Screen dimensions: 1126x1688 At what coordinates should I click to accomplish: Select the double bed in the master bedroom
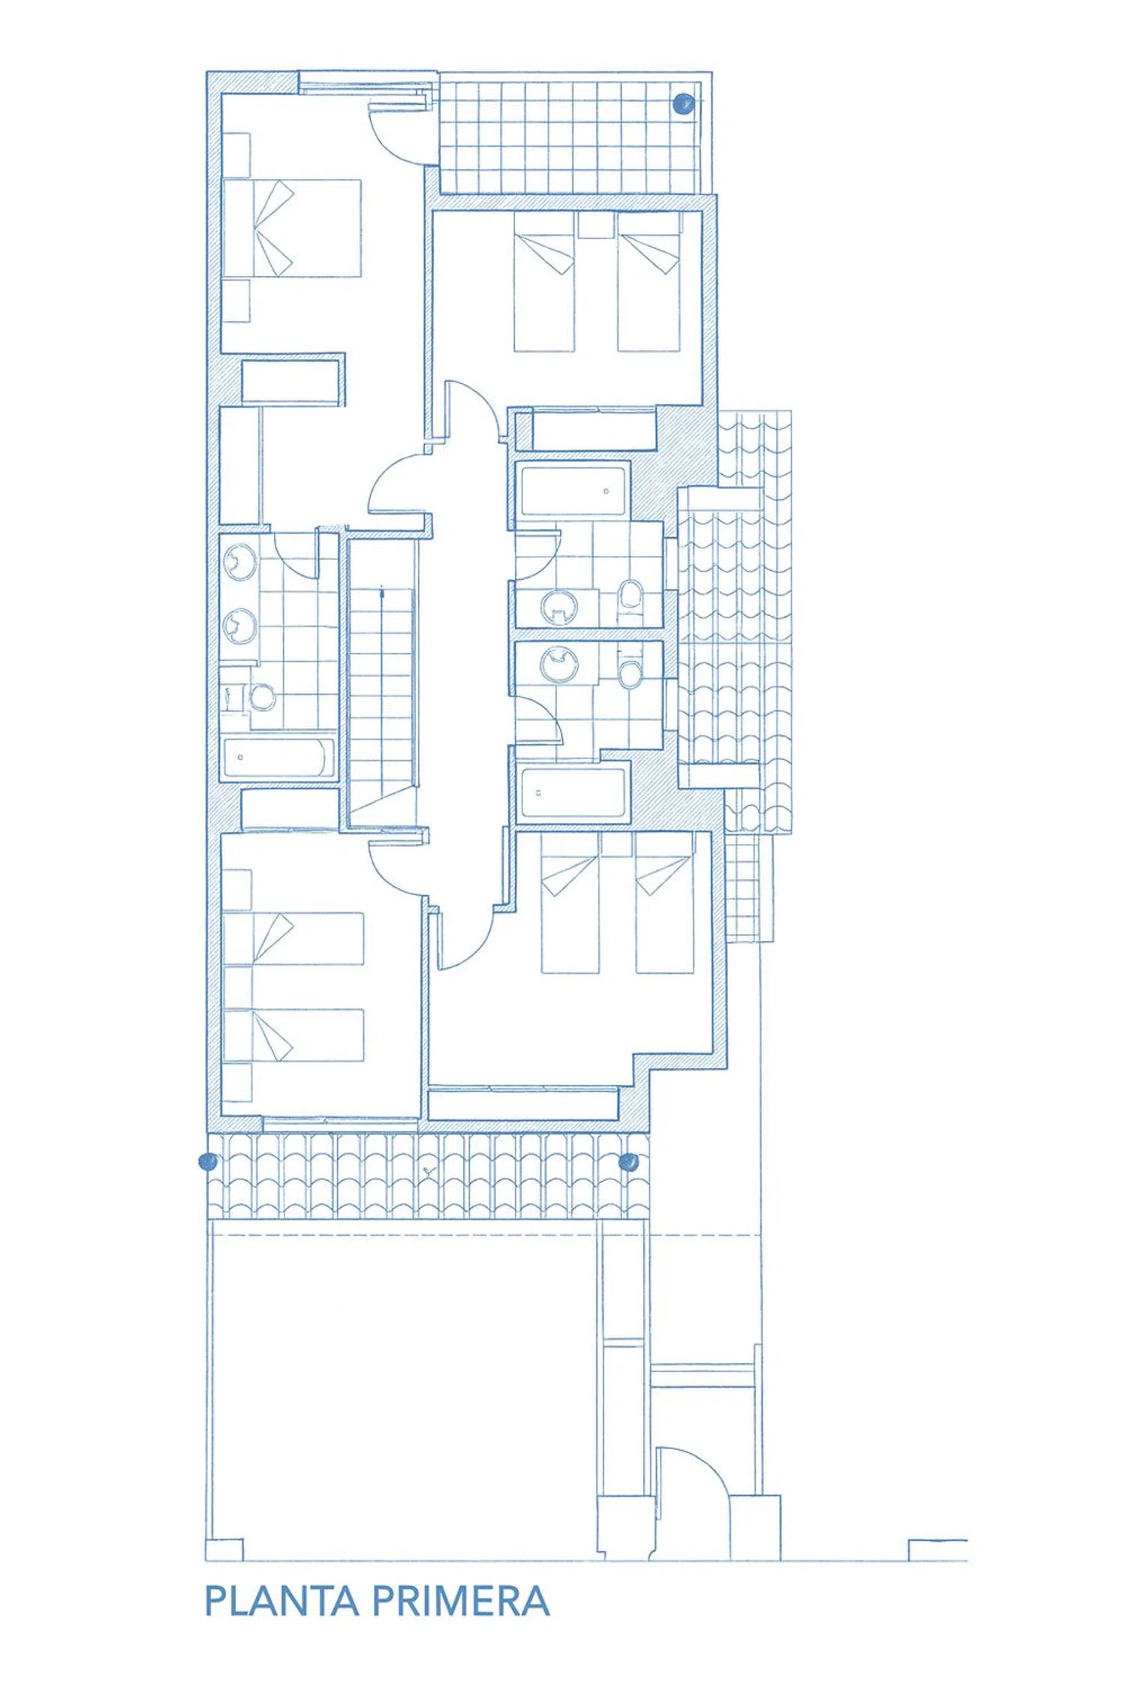pos(292,228)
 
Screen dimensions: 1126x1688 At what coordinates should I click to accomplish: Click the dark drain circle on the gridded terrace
pos(683,104)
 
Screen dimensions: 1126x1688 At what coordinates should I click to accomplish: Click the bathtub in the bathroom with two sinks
pos(278,758)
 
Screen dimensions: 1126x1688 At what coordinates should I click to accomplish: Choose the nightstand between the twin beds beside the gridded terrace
pos(596,224)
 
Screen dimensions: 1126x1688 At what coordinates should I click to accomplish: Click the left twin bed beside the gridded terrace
pos(544,281)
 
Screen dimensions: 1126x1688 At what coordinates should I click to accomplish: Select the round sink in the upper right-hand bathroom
pos(558,608)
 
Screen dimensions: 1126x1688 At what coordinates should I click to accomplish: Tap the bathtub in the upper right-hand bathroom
pos(574,491)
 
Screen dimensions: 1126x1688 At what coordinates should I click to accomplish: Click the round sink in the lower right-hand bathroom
pos(560,663)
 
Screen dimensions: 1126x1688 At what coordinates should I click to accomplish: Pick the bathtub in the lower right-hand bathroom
pos(573,792)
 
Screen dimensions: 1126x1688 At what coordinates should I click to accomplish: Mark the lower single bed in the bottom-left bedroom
pos(294,1035)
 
